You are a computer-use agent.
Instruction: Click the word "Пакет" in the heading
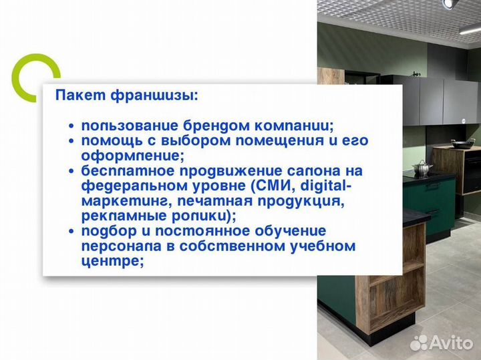tap(75, 96)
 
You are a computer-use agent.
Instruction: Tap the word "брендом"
tap(211, 126)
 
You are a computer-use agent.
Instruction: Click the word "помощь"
tap(107, 141)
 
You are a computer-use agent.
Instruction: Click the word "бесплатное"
tap(121, 172)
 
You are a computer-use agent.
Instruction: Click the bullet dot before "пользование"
tap(71, 126)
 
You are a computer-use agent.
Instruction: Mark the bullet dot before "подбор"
tap(71, 232)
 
